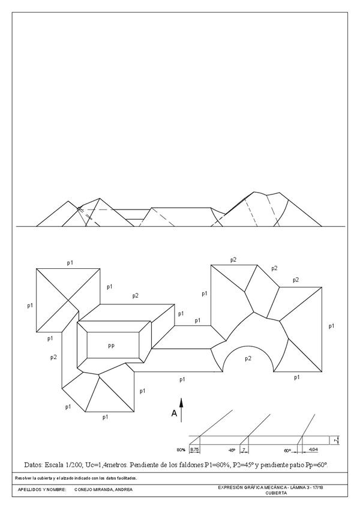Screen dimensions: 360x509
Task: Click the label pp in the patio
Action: pyautogui.click(x=112, y=346)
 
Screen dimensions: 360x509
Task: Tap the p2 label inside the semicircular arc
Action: pyautogui.click(x=248, y=358)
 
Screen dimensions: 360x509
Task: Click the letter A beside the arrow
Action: pyautogui.click(x=174, y=414)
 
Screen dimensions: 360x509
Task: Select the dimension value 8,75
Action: pyautogui.click(x=194, y=449)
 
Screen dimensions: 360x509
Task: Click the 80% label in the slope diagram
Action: pyautogui.click(x=181, y=450)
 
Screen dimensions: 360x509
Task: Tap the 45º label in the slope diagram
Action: pyautogui.click(x=232, y=450)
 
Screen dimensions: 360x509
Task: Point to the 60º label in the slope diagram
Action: pyautogui.click(x=288, y=450)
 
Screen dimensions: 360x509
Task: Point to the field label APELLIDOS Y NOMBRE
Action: pyautogui.click(x=39, y=490)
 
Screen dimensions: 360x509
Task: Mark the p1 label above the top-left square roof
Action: pyautogui.click(x=70, y=262)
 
